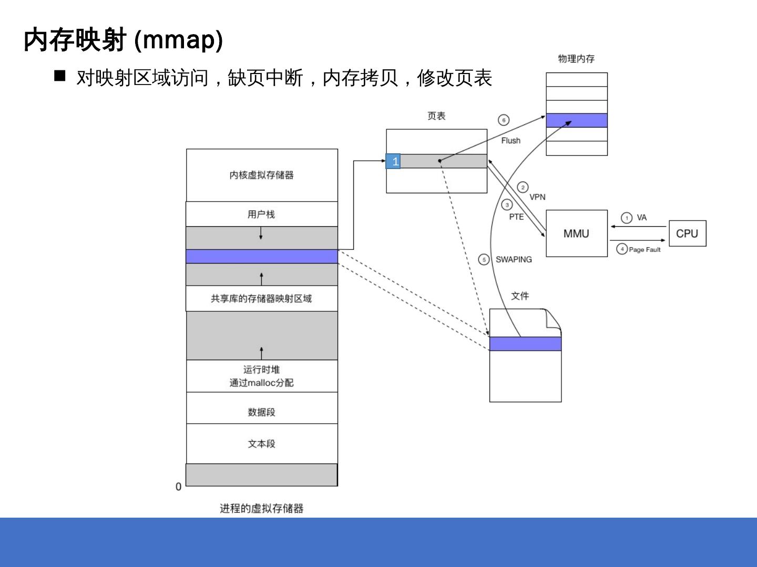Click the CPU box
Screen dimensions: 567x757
pos(687,234)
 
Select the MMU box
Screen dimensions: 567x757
pos(576,234)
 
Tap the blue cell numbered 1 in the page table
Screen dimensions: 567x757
pos(393,161)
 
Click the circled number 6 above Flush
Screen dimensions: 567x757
pos(504,120)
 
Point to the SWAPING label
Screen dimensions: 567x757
pos(514,259)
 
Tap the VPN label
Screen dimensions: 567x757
pos(537,197)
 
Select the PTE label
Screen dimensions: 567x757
pos(516,217)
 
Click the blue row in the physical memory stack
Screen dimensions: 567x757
pos(577,120)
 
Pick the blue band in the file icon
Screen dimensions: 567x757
pos(525,343)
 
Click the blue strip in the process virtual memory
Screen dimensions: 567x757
pos(262,256)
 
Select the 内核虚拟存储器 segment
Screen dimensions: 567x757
pos(262,175)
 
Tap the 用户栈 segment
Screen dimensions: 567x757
pos(262,214)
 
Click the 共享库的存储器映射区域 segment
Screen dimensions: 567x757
pos(262,298)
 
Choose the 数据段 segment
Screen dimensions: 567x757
pos(262,412)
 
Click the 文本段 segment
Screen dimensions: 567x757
pos(262,444)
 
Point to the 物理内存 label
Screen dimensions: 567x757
pos(576,59)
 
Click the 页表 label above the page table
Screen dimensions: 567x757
pos(436,116)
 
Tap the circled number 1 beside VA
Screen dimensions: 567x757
pos(627,218)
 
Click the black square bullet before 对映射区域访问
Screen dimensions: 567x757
pos(60,76)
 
